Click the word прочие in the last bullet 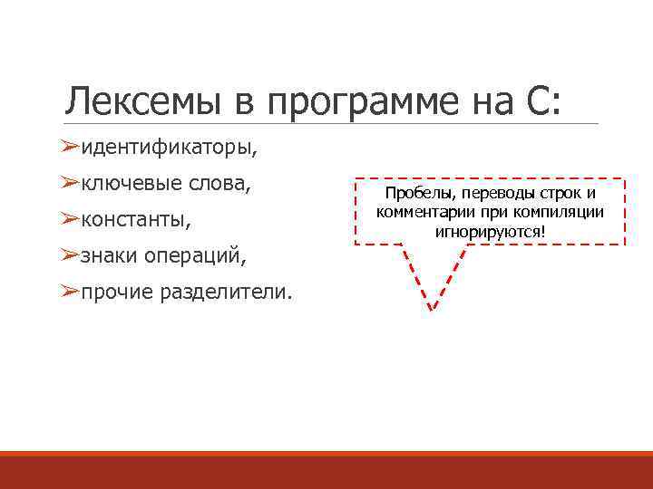117,292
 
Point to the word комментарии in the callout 422,212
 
